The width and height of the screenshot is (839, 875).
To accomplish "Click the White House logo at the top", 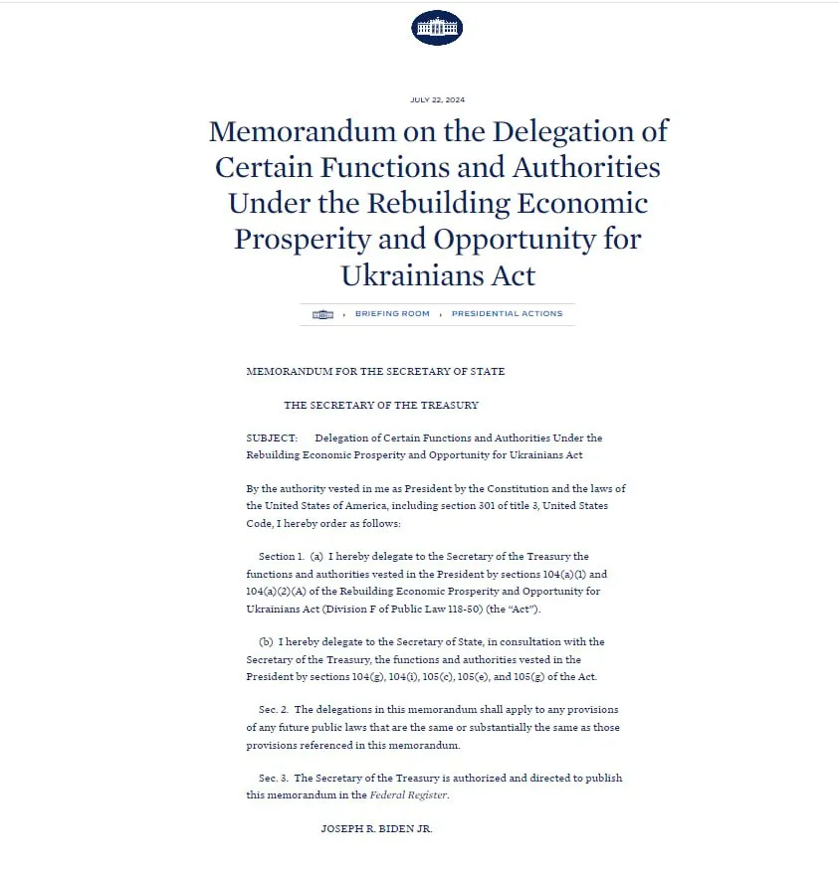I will [437, 27].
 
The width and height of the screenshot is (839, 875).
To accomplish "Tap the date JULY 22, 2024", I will [437, 99].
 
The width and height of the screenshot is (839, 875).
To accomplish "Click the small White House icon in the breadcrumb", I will [322, 314].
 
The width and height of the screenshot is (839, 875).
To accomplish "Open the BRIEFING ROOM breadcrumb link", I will [392, 314].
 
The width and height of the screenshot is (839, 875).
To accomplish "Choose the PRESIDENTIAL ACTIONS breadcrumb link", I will [507, 314].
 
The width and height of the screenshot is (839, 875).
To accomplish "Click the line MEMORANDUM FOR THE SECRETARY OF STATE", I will [375, 372].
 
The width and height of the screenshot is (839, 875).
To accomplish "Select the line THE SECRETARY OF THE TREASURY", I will [381, 406].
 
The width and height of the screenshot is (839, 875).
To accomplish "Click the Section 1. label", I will [278, 557].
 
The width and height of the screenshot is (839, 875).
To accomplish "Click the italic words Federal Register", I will [408, 795].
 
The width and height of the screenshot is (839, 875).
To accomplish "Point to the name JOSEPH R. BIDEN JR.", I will [376, 829].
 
